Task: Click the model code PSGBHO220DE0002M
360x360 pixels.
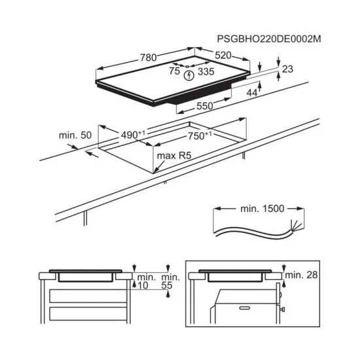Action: [270, 39]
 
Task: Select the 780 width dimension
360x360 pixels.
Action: [147, 58]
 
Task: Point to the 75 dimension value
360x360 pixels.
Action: [174, 71]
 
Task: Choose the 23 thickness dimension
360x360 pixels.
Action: [288, 67]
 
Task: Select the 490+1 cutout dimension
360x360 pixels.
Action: [134, 135]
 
